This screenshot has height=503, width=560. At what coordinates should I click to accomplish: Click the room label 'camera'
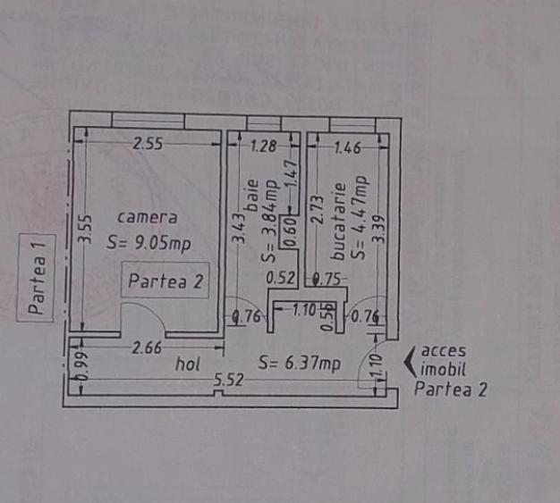147,217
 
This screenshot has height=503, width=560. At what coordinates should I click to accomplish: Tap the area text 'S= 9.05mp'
148,242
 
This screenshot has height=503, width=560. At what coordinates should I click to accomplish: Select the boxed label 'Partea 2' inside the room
166,281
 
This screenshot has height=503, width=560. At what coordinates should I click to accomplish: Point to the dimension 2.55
148,145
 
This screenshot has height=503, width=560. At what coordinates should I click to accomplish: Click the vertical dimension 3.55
83,228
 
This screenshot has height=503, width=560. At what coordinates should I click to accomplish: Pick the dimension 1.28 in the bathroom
264,147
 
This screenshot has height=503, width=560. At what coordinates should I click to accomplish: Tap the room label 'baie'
251,193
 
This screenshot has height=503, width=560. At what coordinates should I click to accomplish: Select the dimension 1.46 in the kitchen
345,147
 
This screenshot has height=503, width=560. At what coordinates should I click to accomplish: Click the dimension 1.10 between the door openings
305,311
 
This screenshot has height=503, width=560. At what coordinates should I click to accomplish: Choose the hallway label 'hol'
186,365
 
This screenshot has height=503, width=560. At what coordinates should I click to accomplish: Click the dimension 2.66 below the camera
148,348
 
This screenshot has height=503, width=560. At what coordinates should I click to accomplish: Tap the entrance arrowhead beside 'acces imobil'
410,361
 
